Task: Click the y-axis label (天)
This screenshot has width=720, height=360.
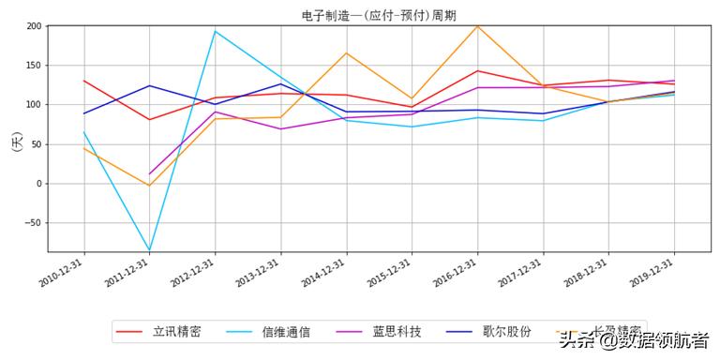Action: [x=16, y=143]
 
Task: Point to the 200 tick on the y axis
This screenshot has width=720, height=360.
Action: [x=33, y=26]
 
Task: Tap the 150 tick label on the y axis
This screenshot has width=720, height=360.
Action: [x=33, y=66]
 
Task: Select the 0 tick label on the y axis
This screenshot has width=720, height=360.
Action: [x=38, y=184]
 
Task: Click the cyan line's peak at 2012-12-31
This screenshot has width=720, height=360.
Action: [x=216, y=31]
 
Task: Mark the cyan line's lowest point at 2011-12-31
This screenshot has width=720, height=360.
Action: [x=150, y=250]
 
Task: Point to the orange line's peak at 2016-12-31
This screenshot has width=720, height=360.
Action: [x=478, y=25]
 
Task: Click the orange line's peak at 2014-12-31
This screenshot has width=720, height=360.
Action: [x=347, y=53]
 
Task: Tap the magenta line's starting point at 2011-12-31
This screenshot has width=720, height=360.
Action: [x=150, y=174]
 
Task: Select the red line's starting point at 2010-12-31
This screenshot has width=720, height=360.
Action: [x=84, y=81]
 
